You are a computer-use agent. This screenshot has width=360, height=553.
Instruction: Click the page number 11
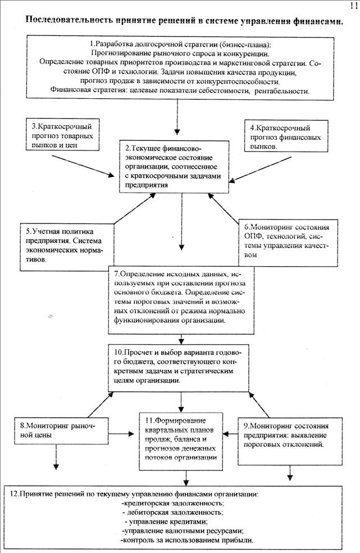click(353, 6)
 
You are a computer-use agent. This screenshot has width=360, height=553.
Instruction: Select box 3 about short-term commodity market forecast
click(62, 134)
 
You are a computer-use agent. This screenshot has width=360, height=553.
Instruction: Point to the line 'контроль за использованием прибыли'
click(186, 540)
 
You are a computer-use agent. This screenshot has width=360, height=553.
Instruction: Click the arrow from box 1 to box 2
click(177, 120)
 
